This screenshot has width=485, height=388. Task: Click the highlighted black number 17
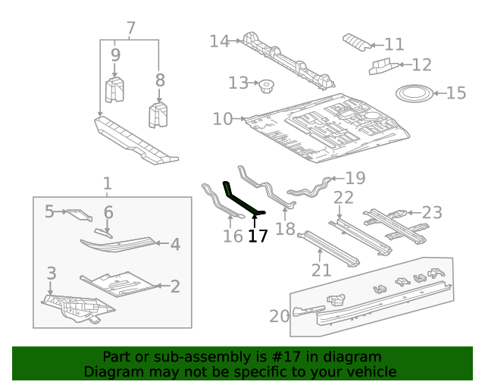[258, 236]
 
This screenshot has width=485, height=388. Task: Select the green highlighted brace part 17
[240, 200]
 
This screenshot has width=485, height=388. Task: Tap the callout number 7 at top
[131, 29]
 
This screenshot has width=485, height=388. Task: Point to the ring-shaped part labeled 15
[415, 94]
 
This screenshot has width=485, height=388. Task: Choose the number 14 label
[219, 41]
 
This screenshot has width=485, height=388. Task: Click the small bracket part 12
[381, 67]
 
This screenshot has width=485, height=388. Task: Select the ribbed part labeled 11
[358, 41]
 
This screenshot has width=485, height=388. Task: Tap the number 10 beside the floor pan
[222, 119]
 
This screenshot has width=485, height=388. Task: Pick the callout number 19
[355, 179]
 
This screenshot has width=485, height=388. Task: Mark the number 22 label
[343, 198]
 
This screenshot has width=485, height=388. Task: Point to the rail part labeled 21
[327, 249]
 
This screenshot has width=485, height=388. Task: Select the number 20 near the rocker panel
[279, 316]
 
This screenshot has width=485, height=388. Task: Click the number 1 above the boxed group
[107, 183]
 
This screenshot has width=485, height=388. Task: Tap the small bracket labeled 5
[78, 214]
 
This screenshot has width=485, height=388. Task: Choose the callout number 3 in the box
[51, 273]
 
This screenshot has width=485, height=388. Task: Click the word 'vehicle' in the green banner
[371, 372]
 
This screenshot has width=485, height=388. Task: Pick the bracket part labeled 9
[114, 89]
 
